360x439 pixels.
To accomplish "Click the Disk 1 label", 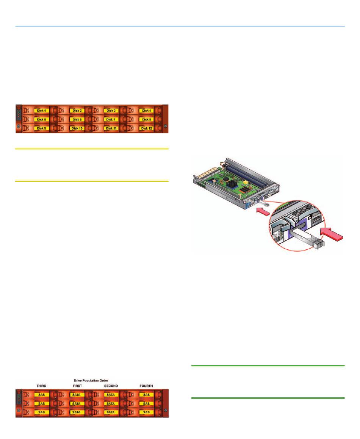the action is pyautogui.click(x=41, y=111).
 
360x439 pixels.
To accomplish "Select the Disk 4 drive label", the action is pyautogui.click(x=147, y=111).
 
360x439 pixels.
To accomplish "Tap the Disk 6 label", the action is pyautogui.click(x=77, y=120).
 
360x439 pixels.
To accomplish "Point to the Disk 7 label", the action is pyautogui.click(x=111, y=120).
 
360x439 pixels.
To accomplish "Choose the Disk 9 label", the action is pyautogui.click(x=41, y=128).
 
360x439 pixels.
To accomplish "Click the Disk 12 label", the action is pyautogui.click(x=147, y=128).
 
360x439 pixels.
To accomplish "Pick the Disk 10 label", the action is pyautogui.click(x=77, y=128).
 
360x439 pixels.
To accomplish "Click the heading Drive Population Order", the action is pyautogui.click(x=91, y=381).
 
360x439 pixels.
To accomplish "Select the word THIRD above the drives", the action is pyautogui.click(x=41, y=386).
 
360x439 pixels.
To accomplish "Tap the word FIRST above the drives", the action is pyautogui.click(x=77, y=386).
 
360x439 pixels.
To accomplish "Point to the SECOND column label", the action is pyautogui.click(x=111, y=386).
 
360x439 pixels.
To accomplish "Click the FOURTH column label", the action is pyautogui.click(x=146, y=386).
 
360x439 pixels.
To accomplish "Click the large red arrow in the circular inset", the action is pyautogui.click(x=332, y=234).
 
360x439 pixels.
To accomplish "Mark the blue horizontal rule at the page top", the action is pyautogui.click(x=180, y=26).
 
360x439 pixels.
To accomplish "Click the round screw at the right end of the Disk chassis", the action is pyautogui.click(x=165, y=126).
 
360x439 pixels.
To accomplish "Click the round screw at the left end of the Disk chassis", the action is pyautogui.click(x=19, y=126).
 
